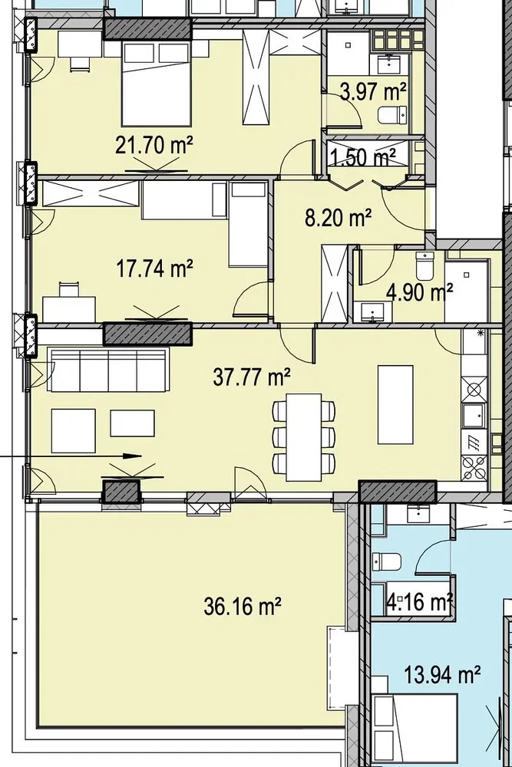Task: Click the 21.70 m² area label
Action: tap(154, 145)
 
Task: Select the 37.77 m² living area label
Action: tap(252, 377)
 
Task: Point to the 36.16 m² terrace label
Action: tap(243, 607)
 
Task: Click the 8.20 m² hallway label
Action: tap(338, 218)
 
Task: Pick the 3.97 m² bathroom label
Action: tap(374, 91)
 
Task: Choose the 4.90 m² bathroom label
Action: tap(419, 292)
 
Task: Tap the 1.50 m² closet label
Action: tap(364, 157)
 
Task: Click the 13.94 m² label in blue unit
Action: tap(442, 676)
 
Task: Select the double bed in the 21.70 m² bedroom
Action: tap(156, 83)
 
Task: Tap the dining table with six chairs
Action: tap(304, 437)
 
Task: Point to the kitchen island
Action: tap(395, 404)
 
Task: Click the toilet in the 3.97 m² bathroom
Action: tap(392, 116)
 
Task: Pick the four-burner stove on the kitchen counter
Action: tap(474, 467)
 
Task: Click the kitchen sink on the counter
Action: tap(474, 416)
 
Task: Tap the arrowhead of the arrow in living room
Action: tap(132, 456)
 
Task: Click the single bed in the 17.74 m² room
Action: tap(248, 224)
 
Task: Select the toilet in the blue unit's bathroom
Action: tap(387, 561)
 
